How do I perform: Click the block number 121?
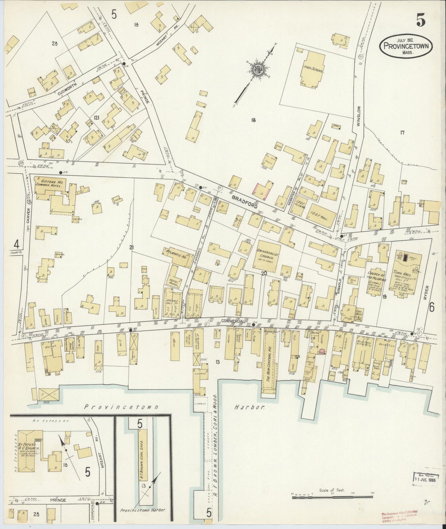point(97,118)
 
